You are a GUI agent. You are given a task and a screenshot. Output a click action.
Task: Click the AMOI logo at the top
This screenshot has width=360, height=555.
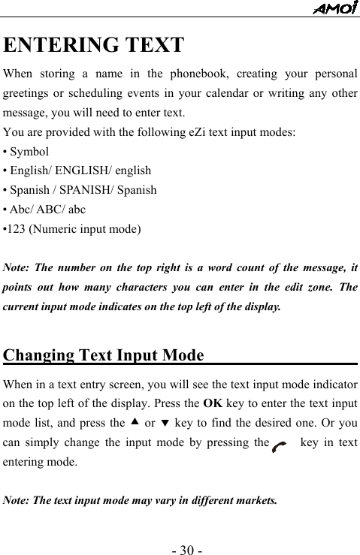pyautogui.click(x=334, y=8)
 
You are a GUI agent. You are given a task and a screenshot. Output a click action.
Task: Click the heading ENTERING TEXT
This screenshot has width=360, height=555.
pyautogui.click(x=94, y=45)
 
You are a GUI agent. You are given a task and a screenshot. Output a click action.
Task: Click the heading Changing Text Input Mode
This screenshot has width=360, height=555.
pyautogui.click(x=104, y=354)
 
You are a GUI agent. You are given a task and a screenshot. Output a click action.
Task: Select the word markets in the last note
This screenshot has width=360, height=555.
pyautogui.click(x=254, y=499)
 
